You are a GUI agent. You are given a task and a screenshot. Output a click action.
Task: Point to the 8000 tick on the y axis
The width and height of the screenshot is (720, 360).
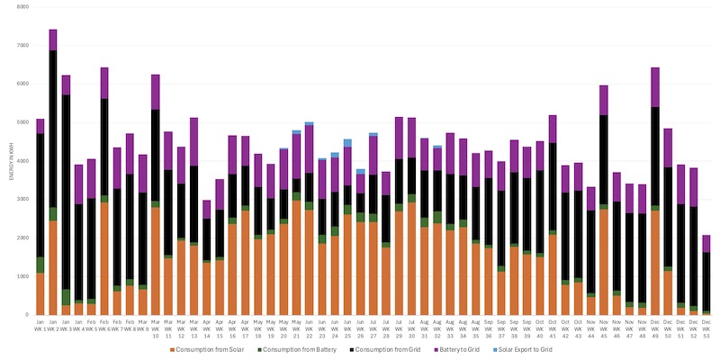[22, 6]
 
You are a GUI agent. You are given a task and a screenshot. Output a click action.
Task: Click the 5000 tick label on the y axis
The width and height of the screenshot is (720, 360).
[22, 122]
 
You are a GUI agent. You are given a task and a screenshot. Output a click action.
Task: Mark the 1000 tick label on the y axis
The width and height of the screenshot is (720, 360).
[22, 276]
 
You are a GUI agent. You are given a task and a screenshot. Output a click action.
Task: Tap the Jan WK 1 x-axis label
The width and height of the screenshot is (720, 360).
[40, 325]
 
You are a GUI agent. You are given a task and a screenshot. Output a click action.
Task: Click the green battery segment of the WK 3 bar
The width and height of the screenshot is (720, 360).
[66, 297]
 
